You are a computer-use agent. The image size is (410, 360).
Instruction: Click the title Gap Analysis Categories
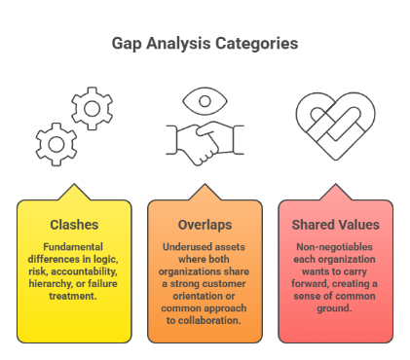(x=205, y=44)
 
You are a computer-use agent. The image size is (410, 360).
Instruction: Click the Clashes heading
(x=74, y=225)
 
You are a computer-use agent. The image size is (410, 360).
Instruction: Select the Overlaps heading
(x=205, y=225)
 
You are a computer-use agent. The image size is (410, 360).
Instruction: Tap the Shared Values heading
(x=335, y=225)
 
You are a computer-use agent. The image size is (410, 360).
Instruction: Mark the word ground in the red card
(x=335, y=301)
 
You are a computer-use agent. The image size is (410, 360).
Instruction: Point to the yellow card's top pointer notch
(x=74, y=191)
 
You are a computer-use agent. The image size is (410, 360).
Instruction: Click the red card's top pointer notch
(x=335, y=191)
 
